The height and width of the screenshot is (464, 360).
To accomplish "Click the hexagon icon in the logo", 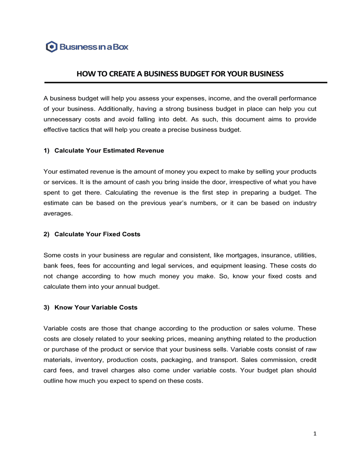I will point(51,47).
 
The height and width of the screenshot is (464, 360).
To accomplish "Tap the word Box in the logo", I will point(121,47).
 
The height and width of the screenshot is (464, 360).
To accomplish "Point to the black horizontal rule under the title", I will point(185,83).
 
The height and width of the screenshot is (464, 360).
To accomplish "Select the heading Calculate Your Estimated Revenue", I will point(109,151).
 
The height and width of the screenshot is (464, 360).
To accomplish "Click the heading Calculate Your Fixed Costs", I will point(97,234).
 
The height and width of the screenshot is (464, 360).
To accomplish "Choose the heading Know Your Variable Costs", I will point(96,308).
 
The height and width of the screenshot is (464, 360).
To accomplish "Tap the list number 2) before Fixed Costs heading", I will point(46,234).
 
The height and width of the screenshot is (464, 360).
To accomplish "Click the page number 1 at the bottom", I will point(315,434).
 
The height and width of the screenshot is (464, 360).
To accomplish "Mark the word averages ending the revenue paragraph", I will point(58,214).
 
